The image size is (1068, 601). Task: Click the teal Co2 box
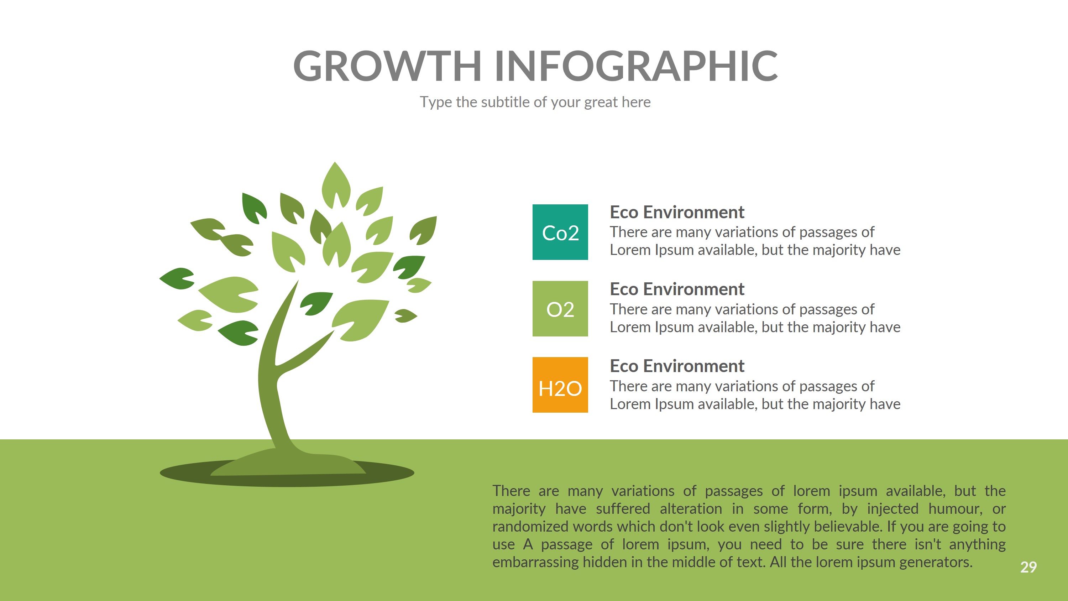560,232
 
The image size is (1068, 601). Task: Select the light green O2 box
560,309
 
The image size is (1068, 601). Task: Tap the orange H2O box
560,385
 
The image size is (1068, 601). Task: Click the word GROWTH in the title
387,66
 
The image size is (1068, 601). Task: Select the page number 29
1028,567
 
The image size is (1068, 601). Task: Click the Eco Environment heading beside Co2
677,212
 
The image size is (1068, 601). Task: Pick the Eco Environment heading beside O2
677,289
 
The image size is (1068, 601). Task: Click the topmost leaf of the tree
335,183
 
